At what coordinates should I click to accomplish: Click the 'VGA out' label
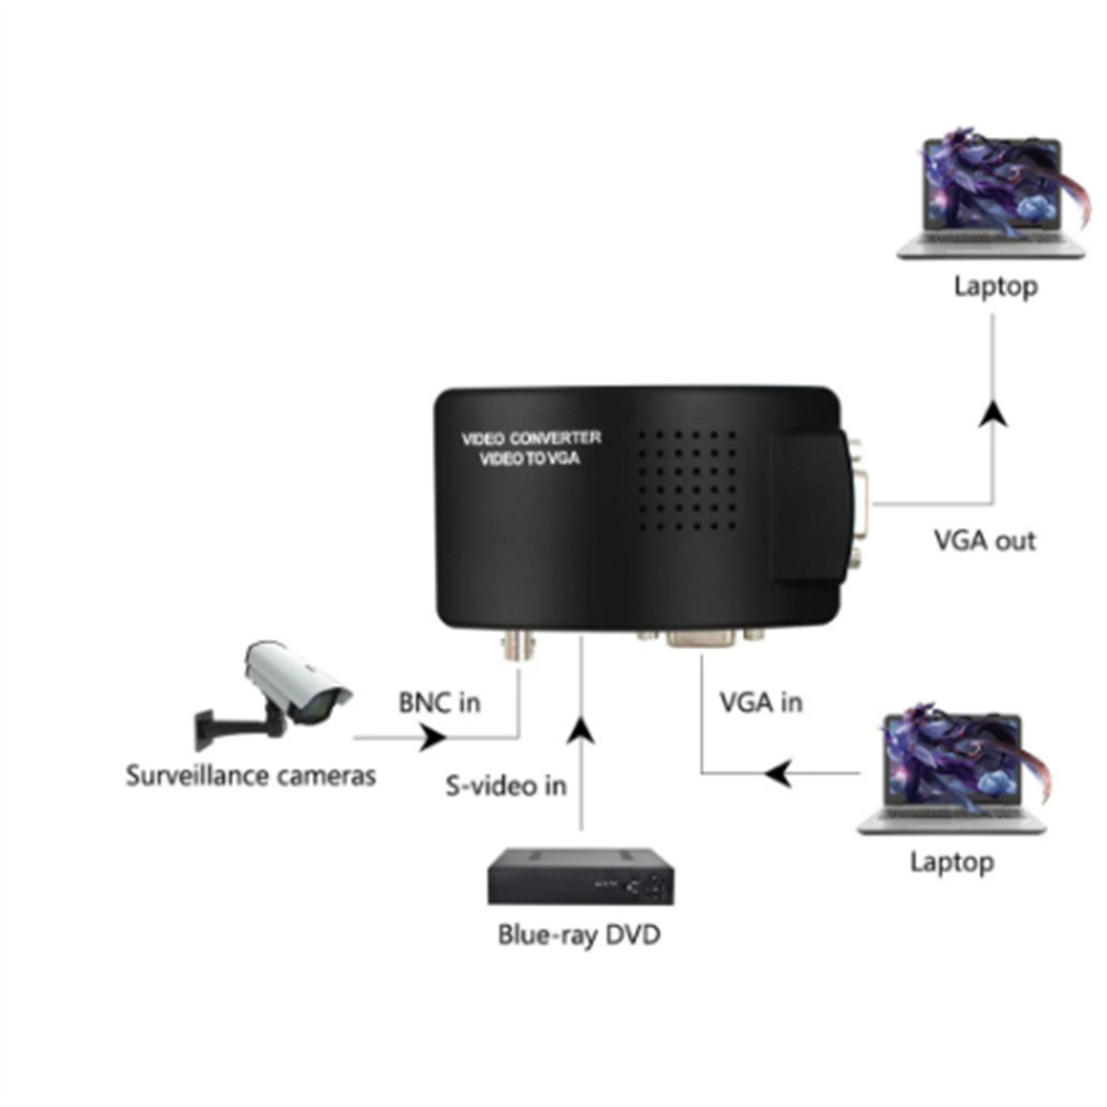click(985, 540)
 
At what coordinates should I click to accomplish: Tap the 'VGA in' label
click(761, 702)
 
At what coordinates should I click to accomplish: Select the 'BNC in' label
click(439, 702)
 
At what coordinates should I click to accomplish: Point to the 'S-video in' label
click(506, 786)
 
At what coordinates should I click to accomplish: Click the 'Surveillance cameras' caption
click(250, 776)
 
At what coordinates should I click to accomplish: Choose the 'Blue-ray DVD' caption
click(579, 935)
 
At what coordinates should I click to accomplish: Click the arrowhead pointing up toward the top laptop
click(994, 413)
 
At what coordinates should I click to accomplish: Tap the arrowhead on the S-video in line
click(582, 731)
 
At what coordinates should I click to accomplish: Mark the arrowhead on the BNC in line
click(433, 738)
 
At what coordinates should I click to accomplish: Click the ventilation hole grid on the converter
click(687, 480)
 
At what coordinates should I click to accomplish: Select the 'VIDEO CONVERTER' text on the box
click(531, 438)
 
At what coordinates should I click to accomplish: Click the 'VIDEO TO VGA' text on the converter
click(530, 458)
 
